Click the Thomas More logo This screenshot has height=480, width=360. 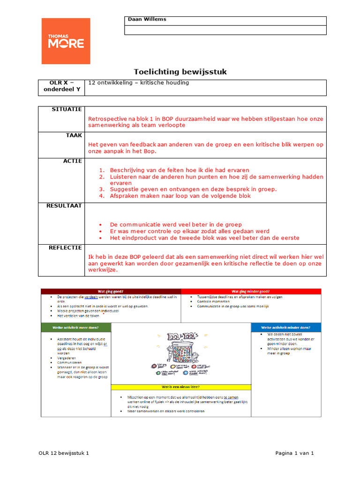[66, 41]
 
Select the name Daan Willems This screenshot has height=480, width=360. [147, 19]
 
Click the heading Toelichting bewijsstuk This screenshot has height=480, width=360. [180, 72]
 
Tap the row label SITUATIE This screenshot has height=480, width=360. [67, 109]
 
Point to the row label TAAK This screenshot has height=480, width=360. [74, 135]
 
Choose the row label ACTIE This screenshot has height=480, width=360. [72, 161]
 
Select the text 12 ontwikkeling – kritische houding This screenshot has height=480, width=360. [138, 83]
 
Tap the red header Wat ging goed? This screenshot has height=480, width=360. [111, 291]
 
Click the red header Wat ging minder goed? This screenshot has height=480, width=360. [251, 291]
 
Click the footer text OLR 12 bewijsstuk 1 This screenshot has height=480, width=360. [63, 453]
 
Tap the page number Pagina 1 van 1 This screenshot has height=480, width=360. [294, 453]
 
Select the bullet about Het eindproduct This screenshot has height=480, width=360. [204, 238]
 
